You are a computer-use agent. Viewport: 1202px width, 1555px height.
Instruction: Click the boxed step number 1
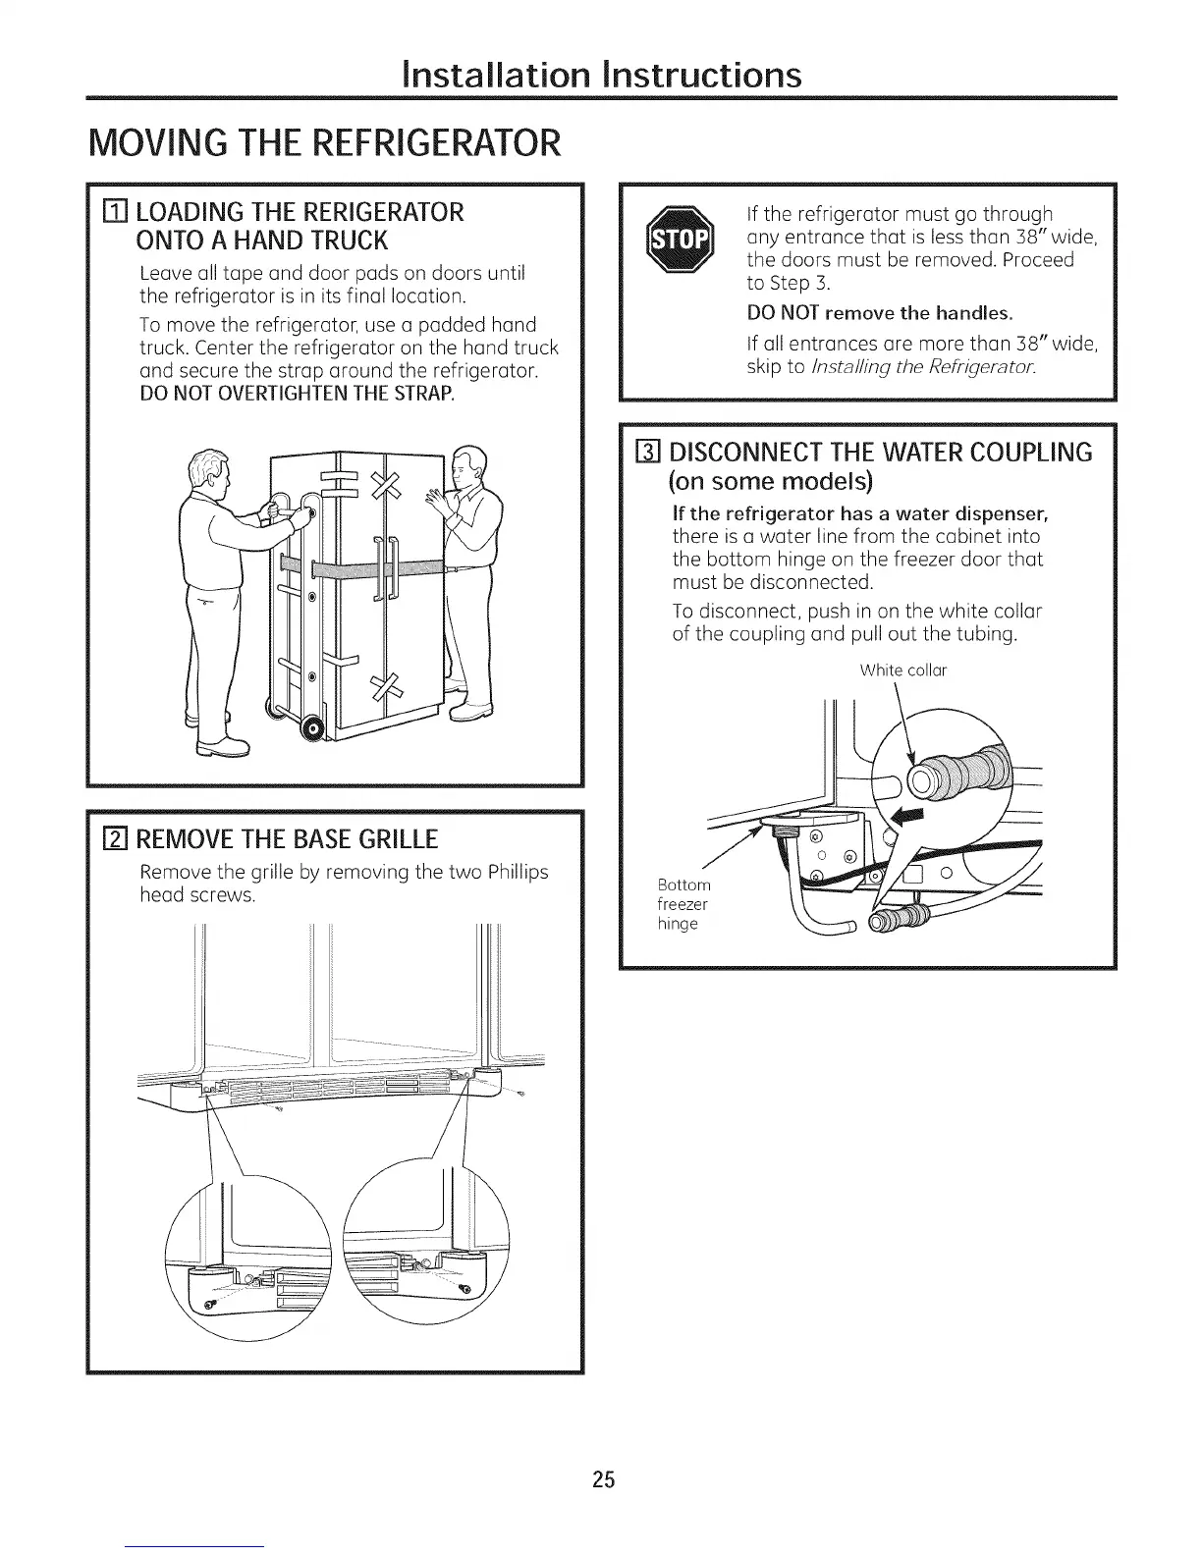(x=116, y=213)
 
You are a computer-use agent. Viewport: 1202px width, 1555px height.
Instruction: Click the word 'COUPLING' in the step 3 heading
(x=1031, y=453)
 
